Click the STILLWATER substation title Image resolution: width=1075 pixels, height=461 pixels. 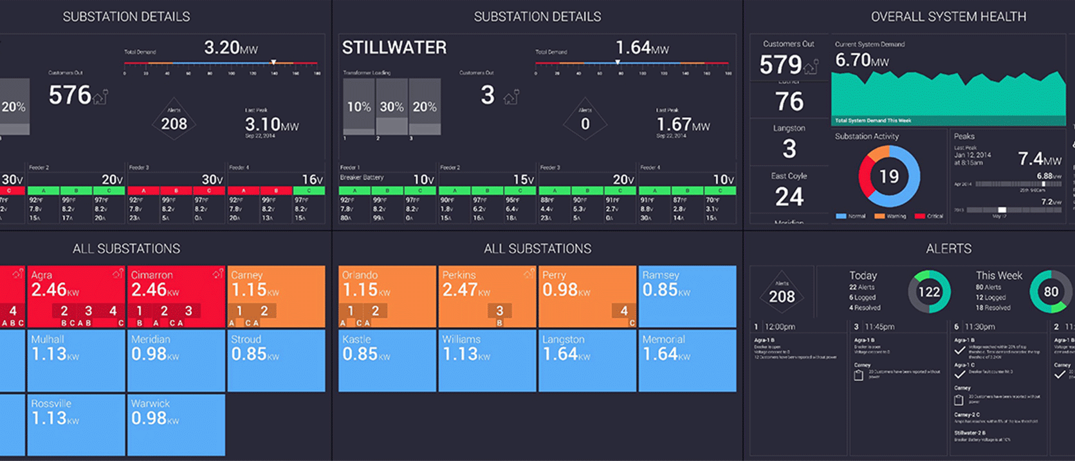click(x=394, y=48)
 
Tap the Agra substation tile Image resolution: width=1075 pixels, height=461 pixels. click(x=76, y=296)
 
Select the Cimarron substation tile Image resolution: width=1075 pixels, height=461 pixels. click(x=176, y=296)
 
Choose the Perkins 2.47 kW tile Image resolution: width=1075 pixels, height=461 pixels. click(x=487, y=296)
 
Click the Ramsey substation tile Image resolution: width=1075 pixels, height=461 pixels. click(x=687, y=296)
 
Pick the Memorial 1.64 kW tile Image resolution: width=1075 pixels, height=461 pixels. click(x=687, y=360)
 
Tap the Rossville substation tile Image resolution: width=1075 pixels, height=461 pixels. click(x=76, y=424)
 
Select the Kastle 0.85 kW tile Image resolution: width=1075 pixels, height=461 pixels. click(x=387, y=360)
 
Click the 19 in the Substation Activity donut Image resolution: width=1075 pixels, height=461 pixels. click(x=889, y=176)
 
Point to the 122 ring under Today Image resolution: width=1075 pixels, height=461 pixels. click(x=929, y=292)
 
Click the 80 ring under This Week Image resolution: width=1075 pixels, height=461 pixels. click(x=1051, y=292)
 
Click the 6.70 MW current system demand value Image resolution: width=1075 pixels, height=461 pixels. click(x=861, y=61)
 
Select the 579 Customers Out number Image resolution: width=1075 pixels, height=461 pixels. click(x=780, y=65)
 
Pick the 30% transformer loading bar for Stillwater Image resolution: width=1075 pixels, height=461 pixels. click(x=392, y=107)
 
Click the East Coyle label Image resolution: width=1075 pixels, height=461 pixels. click(x=789, y=176)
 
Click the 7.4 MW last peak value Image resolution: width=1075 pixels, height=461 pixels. click(x=1039, y=159)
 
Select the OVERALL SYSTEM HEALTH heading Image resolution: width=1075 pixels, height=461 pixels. click(x=948, y=17)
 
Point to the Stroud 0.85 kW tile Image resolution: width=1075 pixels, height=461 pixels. click(x=275, y=360)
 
